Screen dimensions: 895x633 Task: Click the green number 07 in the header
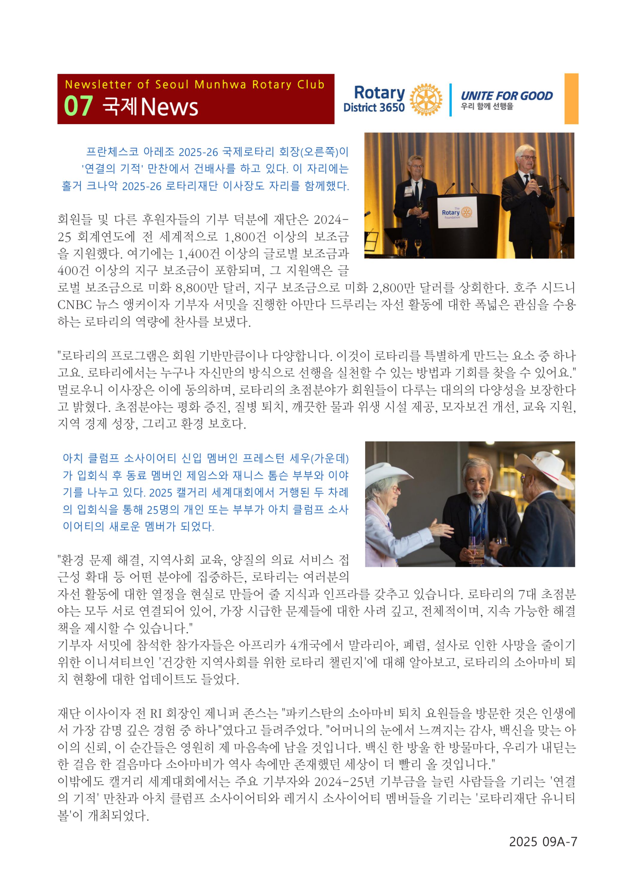78,106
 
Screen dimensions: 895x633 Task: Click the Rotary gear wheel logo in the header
426,99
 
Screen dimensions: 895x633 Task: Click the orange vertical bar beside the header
571,99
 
